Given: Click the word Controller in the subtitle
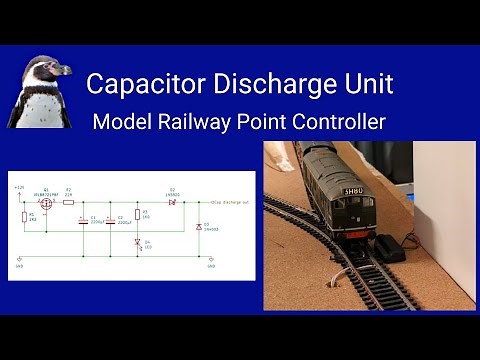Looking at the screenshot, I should coord(338,123).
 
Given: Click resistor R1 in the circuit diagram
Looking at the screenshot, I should coord(24,216).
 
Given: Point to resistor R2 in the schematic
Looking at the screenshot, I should coord(69,201).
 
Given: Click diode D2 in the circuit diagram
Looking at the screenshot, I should coord(172,201).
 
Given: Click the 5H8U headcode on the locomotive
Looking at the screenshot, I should coord(351,192).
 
